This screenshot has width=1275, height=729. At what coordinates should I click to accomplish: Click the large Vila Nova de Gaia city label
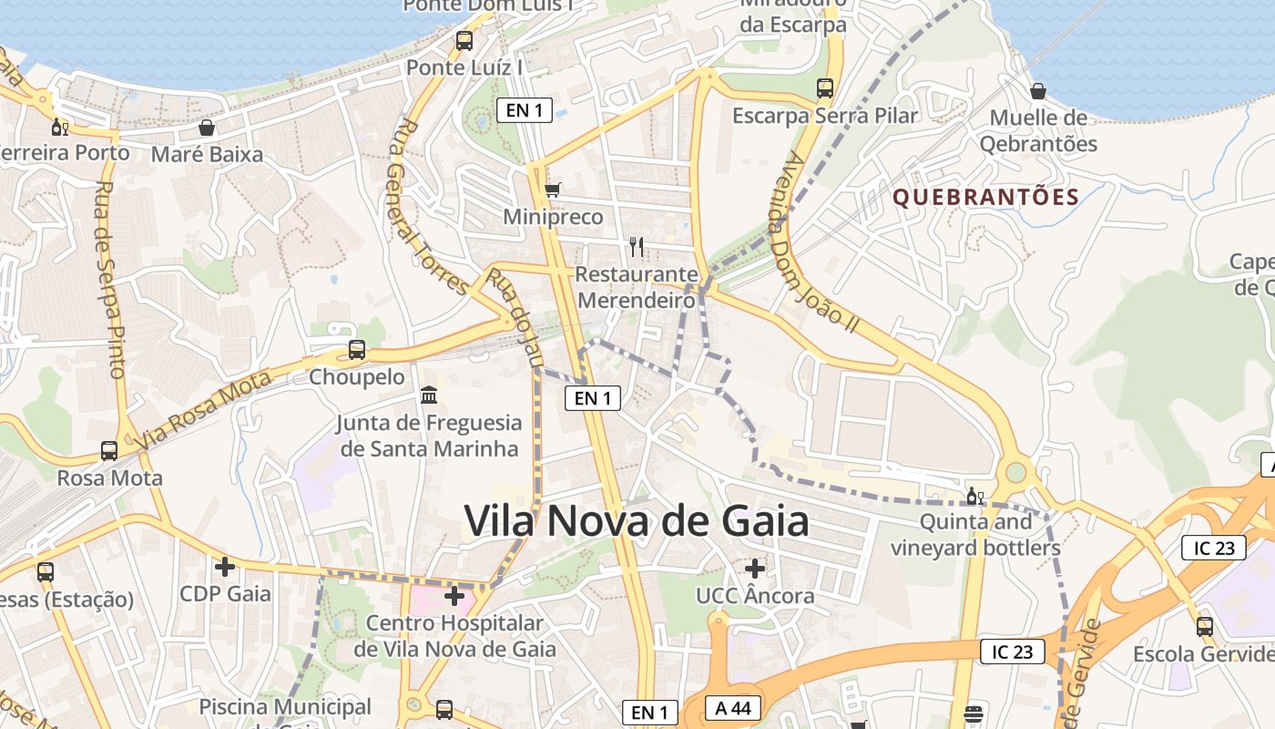(x=637, y=521)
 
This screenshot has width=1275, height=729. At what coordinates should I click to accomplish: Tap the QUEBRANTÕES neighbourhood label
(x=985, y=197)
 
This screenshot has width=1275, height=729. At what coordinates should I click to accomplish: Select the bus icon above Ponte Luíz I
(x=464, y=41)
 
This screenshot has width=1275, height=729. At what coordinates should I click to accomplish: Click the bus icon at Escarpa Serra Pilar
(x=825, y=88)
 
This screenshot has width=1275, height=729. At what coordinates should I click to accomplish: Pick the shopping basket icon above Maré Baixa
(x=207, y=128)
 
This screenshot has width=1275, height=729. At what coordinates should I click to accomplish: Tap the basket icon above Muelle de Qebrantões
(x=1037, y=91)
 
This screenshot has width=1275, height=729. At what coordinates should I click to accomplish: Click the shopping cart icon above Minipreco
(x=552, y=190)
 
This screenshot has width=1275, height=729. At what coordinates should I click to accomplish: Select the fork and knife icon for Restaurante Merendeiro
(x=637, y=246)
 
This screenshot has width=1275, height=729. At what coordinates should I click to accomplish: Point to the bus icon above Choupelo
(x=357, y=350)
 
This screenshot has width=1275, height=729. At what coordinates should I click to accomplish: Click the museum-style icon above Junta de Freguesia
(x=429, y=395)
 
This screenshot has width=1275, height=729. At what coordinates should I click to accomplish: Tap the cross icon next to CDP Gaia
(x=224, y=567)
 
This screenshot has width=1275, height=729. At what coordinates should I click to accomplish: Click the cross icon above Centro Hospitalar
(x=454, y=597)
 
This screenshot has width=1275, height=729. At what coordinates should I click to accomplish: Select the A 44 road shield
(x=732, y=708)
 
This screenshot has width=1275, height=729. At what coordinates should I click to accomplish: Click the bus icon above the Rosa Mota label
(x=109, y=451)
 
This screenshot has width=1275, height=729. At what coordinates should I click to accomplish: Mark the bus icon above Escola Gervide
(x=1205, y=627)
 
